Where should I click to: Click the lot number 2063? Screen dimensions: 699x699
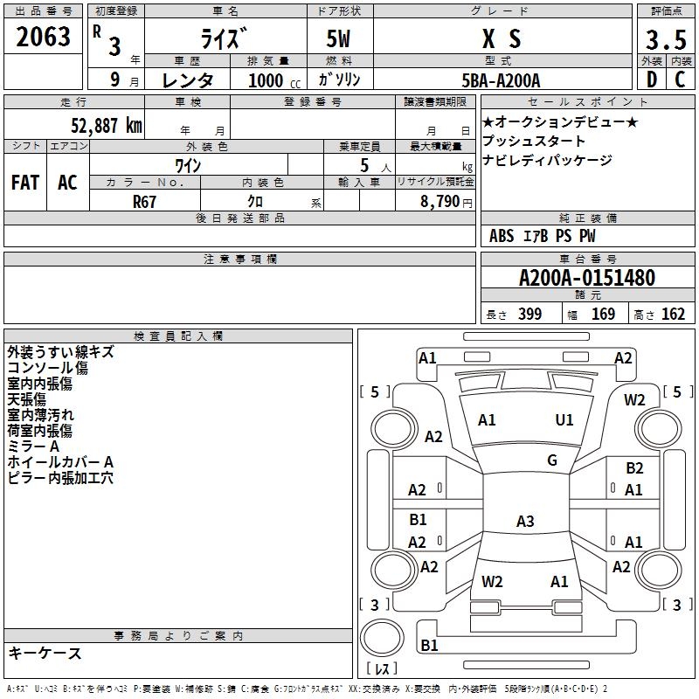click(43, 38)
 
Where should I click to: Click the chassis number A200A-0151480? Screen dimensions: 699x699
click(587, 278)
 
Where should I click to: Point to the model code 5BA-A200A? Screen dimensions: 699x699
click(501, 80)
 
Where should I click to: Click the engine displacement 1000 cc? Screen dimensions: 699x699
click(266, 80)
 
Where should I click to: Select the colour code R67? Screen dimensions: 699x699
click(145, 200)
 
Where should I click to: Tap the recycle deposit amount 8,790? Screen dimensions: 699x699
click(436, 201)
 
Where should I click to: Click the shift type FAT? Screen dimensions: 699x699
click(25, 182)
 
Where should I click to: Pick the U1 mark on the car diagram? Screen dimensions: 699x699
click(564, 419)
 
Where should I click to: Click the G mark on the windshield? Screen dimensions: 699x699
click(552, 460)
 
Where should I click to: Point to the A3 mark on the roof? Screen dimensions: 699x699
click(525, 522)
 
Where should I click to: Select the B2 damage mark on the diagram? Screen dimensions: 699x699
click(634, 468)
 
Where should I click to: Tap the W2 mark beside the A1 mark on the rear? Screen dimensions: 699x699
click(493, 581)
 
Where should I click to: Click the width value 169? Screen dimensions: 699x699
click(603, 314)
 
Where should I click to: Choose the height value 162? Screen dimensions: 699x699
click(673, 314)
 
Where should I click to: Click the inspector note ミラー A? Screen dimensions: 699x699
click(33, 446)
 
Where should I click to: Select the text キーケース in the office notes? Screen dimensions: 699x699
click(45, 654)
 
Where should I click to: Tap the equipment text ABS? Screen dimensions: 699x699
click(502, 235)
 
